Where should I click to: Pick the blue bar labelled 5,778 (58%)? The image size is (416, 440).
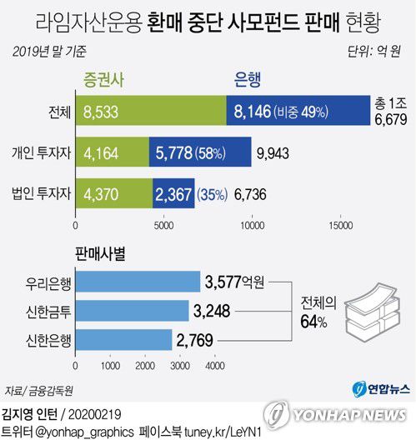tap(200, 152)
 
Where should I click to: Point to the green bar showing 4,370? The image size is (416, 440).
tap(113, 193)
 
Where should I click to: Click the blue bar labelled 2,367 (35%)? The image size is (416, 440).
tap(173, 193)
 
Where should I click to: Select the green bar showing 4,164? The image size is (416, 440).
tap(112, 152)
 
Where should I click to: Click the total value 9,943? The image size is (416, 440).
tap(277, 152)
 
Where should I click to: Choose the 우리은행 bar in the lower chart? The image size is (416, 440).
tap(138, 282)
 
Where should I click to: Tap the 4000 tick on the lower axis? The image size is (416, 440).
tap(215, 365)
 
